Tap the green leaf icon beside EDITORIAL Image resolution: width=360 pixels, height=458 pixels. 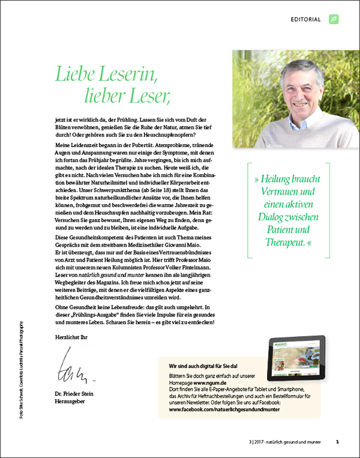(x=334, y=19)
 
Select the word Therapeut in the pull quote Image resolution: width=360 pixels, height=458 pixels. (x=286, y=242)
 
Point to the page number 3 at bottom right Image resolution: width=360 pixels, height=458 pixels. (x=337, y=442)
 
